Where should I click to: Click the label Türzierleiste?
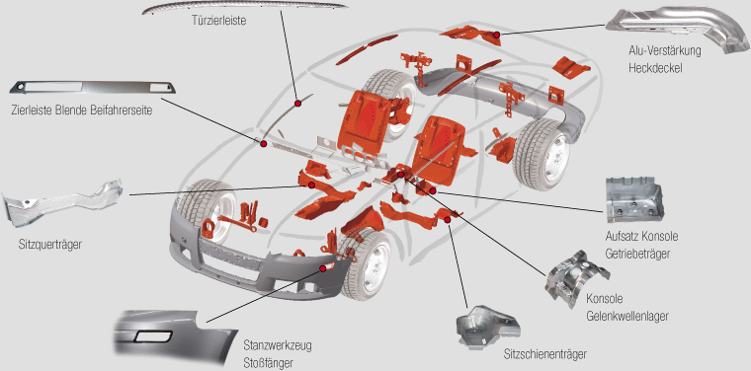tap(218, 22)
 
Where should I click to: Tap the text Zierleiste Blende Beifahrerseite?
tap(81, 111)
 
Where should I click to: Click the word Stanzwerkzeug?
tap(278, 345)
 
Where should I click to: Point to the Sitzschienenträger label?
tap(545, 354)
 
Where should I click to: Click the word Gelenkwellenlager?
tap(627, 316)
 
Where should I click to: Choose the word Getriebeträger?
tap(637, 254)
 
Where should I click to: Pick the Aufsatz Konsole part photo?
tap(634, 201)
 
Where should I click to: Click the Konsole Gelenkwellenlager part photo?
tap(575, 277)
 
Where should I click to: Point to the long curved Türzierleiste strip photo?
tap(245, 8)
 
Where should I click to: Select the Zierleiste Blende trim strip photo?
tap(93, 88)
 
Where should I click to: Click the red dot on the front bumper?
tap(323, 268)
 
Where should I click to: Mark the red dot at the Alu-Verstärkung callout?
tap(497, 35)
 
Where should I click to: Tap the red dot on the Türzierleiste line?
tap(297, 103)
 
